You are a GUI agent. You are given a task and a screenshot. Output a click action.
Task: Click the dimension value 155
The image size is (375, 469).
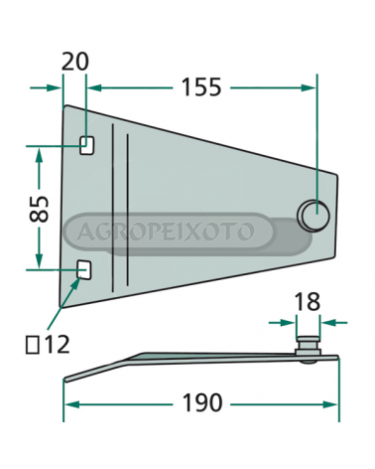tap(201, 87)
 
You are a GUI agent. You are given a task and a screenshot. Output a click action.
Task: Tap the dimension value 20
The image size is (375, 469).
tap(75, 62)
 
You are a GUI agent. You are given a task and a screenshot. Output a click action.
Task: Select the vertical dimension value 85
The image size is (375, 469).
tap(39, 209)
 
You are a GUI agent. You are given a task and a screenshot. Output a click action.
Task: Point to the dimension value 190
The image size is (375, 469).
tap(202, 402)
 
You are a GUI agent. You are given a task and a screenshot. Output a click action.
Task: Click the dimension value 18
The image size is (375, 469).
tap(308, 302)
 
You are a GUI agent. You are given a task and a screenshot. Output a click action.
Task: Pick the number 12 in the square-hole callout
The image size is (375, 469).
tap(57, 345)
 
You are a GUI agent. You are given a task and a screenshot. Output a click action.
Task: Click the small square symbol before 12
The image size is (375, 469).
tap(33, 345)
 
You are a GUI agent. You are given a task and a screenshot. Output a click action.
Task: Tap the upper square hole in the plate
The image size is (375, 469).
tap(86, 146)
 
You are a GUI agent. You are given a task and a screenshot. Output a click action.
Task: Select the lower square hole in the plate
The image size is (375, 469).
tap(84, 270)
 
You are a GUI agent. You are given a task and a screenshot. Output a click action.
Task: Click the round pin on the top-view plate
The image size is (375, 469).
tap(314, 215)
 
